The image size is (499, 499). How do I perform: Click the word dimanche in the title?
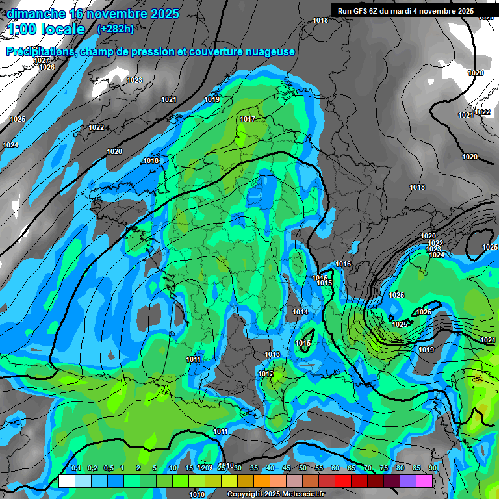[x=36, y=14]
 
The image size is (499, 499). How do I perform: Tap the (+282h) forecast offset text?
[x=115, y=29]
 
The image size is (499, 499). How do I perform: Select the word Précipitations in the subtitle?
[x=40, y=52]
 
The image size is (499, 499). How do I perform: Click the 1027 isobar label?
[x=42, y=60]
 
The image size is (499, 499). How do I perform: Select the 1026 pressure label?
[x=47, y=68]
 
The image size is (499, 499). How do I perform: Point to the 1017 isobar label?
[x=247, y=119]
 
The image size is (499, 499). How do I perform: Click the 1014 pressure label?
[x=300, y=313]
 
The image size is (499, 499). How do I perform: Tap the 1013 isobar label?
[x=272, y=354]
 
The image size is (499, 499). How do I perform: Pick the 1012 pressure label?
[x=265, y=374]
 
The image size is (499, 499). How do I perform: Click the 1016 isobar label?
[x=344, y=264]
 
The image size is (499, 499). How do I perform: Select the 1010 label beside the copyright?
[x=197, y=494]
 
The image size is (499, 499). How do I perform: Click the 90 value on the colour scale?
[x=433, y=468]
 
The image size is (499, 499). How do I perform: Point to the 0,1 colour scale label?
[x=75, y=468]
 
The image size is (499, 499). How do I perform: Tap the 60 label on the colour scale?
[x=335, y=468]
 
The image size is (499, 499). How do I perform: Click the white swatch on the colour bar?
[x=66, y=481]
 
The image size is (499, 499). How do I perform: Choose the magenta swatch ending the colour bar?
[x=425, y=481]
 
